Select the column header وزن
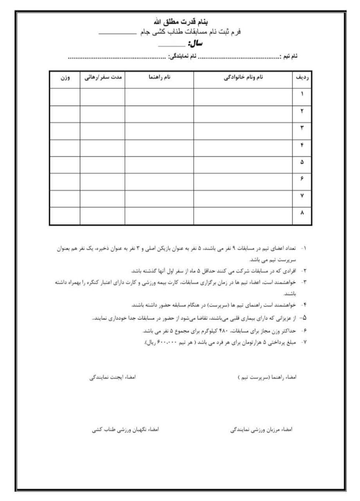(x=65, y=78)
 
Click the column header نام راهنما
(x=159, y=78)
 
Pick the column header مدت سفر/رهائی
(x=103, y=78)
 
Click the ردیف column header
(x=302, y=78)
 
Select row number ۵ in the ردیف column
(x=302, y=164)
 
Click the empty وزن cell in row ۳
(x=65, y=130)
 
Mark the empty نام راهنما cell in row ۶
(x=159, y=182)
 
